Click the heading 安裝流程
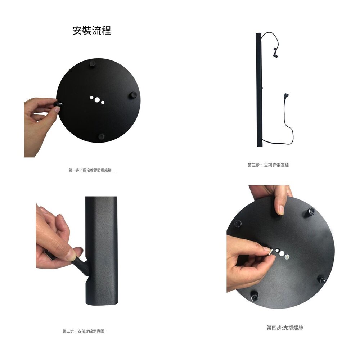click(92, 31)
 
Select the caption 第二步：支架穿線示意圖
click(84, 331)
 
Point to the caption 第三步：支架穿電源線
click(268, 165)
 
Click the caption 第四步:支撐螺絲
click(285, 328)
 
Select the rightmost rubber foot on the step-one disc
click(134, 95)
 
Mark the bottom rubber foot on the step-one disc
click(101, 136)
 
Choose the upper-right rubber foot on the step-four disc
click(310, 212)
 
